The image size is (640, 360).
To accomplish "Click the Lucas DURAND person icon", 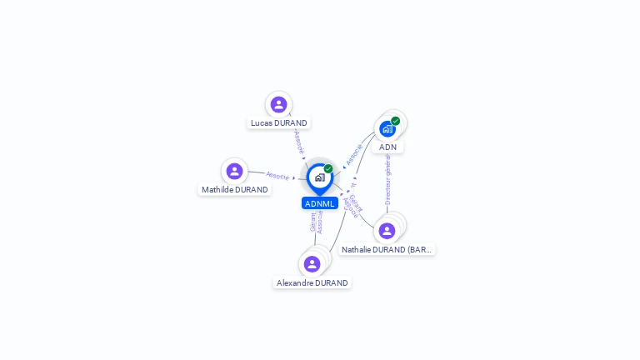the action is click(278, 104).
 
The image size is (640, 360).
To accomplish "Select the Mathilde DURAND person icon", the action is click(234, 171).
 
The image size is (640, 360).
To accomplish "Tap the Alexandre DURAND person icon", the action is click(312, 264).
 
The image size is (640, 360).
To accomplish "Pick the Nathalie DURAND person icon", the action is click(387, 231).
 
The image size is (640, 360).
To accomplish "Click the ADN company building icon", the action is click(387, 129).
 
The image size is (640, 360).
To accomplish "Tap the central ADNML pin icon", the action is click(319, 177).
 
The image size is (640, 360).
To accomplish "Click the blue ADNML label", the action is click(320, 203).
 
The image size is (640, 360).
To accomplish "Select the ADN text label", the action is click(387, 147).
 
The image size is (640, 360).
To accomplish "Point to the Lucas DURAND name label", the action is click(279, 123).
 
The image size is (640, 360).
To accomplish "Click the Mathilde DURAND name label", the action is click(235, 190).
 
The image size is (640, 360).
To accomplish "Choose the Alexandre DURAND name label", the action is click(312, 283).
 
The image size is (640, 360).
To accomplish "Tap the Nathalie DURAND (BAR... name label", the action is click(387, 250).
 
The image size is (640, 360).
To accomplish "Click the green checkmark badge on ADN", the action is click(396, 121).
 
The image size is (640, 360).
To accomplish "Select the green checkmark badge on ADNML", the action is click(328, 169).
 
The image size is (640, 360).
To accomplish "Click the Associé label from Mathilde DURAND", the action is click(277, 176).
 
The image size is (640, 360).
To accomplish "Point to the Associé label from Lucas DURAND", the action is click(299, 142).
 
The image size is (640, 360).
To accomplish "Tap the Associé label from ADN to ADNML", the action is click(354, 154).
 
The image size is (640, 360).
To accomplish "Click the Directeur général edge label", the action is click(387, 179).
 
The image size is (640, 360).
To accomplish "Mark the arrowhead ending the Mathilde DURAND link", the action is click(294, 177).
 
